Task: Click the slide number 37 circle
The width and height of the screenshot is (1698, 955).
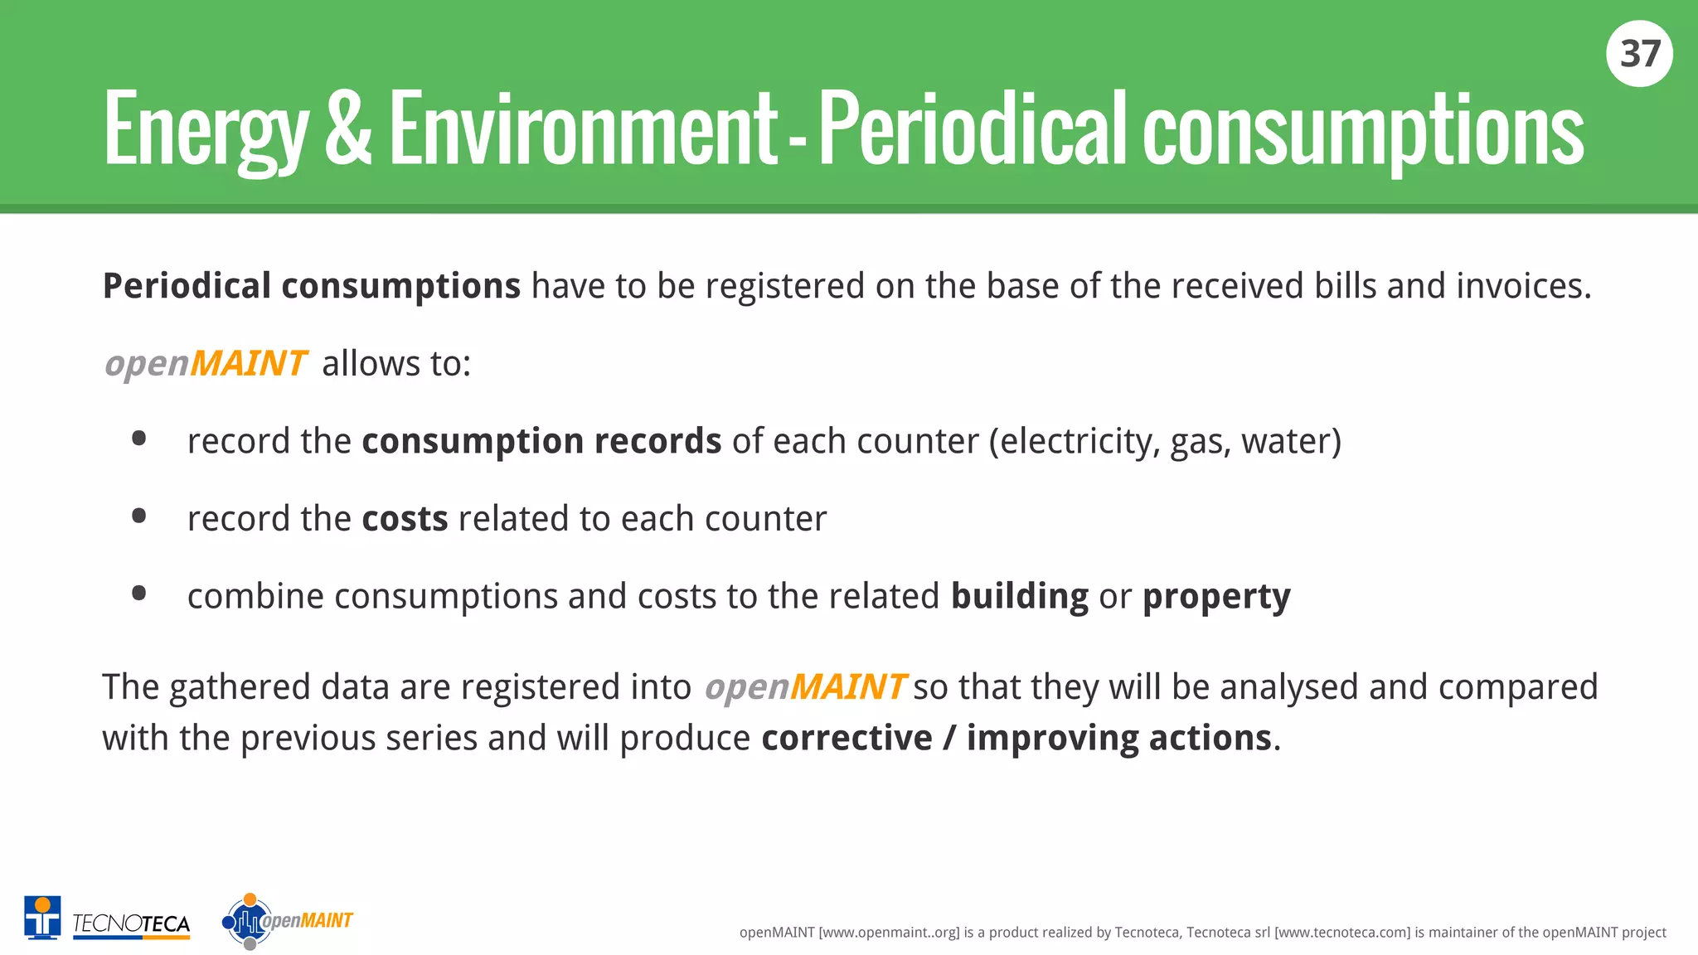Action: tap(1639, 54)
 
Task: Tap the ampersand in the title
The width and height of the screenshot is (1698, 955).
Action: tap(348, 129)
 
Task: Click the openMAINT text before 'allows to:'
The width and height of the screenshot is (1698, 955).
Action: tap(206, 364)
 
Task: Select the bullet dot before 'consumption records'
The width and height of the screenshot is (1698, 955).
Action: tap(139, 439)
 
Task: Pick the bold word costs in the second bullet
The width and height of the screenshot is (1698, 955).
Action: tap(405, 519)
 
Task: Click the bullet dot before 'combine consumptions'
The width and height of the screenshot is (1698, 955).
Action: tap(139, 594)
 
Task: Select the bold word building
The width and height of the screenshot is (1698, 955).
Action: tap(1019, 596)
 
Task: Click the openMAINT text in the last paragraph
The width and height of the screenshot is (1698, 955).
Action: tap(805, 687)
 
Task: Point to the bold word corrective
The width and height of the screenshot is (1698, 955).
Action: tap(847, 738)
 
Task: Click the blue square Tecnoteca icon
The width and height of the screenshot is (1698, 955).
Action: tap(42, 918)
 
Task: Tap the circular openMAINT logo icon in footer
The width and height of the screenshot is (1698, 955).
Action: tap(248, 921)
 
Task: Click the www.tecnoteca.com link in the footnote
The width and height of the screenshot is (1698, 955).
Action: tap(1341, 933)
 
